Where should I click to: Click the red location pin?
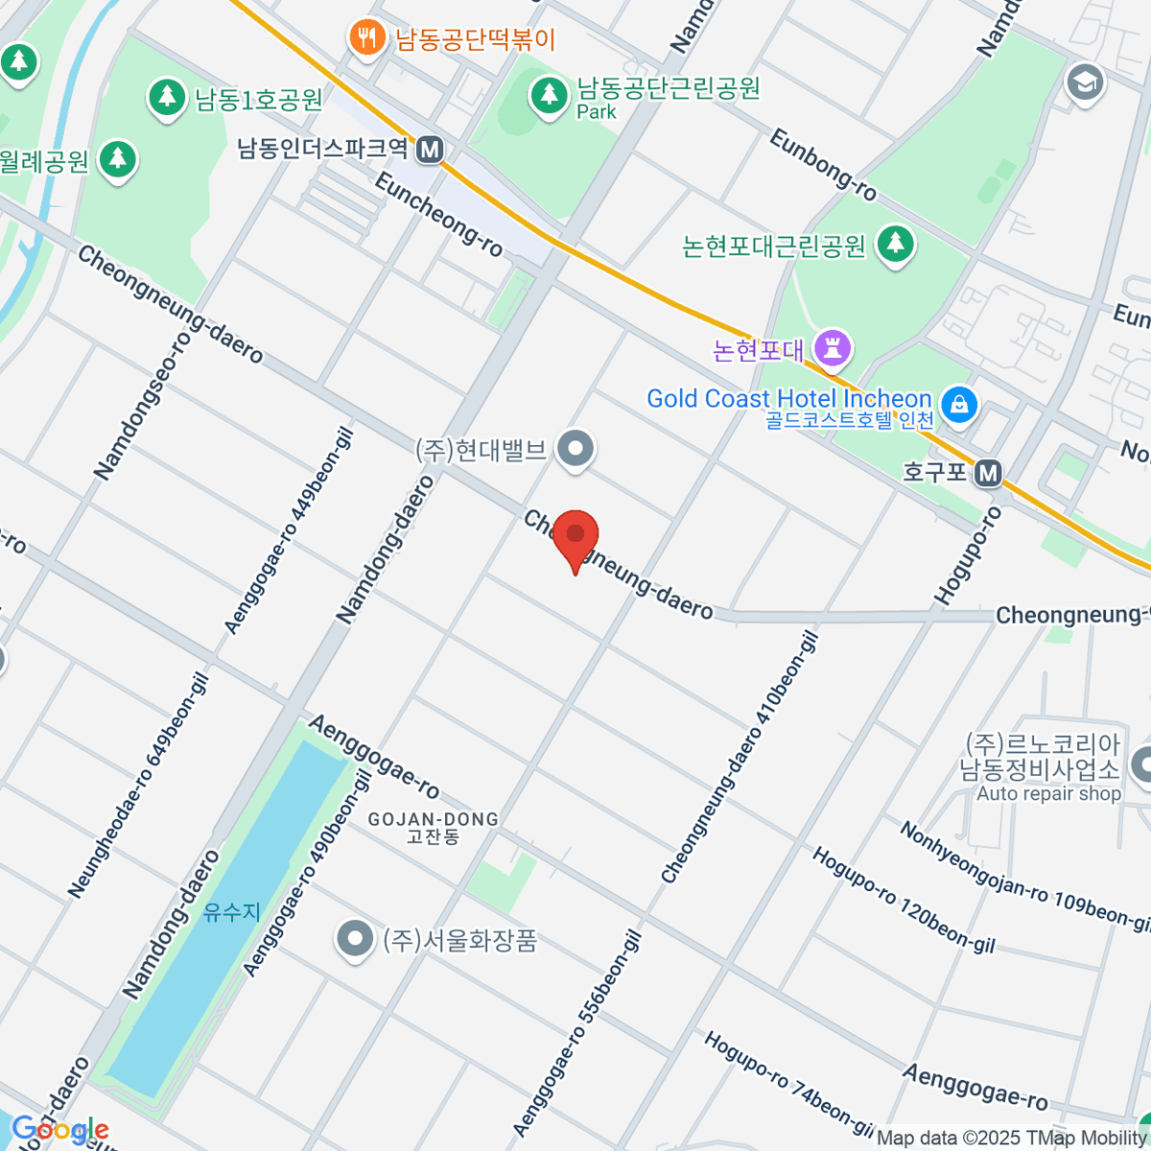pos(575,538)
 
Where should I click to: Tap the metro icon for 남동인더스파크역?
pos(431,149)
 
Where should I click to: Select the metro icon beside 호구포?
pos(988,472)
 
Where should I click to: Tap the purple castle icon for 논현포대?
pos(832,349)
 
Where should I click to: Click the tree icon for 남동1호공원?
pos(167,97)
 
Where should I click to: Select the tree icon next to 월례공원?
pos(118,159)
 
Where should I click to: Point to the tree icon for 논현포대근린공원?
pos(896,245)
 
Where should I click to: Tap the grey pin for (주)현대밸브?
pos(575,449)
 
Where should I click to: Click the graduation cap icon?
pos(1085,82)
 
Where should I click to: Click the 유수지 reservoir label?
pos(232,911)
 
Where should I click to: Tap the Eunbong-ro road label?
pos(823,165)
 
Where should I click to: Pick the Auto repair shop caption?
pos(1048,794)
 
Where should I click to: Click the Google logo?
pos(59,1130)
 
